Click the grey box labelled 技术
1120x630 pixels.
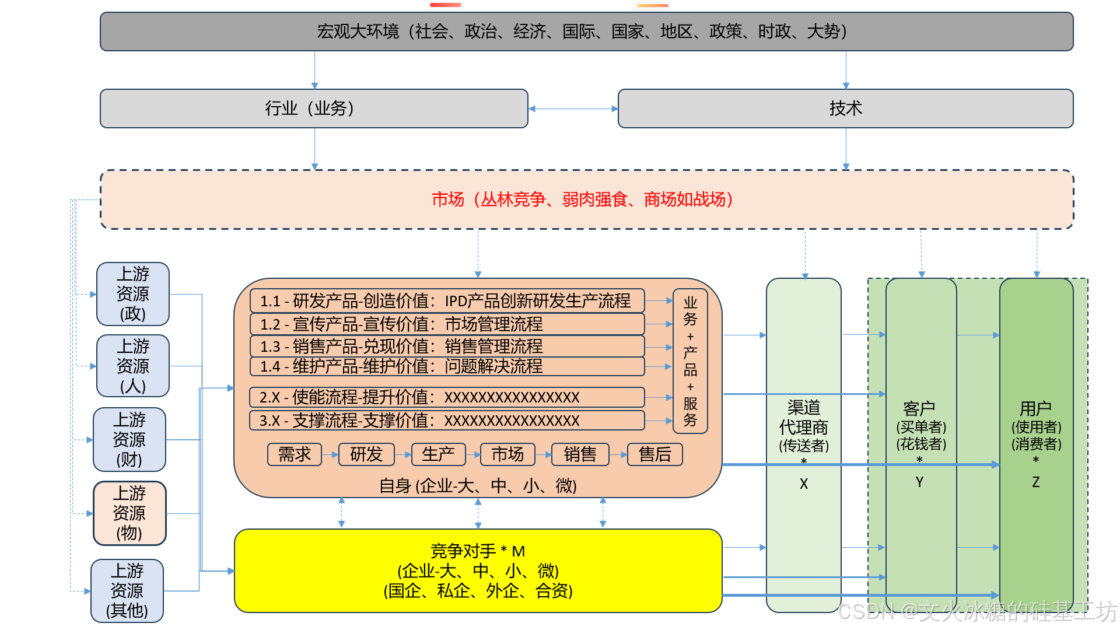845,108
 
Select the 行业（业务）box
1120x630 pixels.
314,108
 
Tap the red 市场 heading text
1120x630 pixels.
448,199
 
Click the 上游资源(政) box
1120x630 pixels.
133,294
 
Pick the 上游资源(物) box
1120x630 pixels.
129,513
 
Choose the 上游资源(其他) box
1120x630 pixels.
127,590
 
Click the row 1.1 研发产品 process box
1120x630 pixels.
447,301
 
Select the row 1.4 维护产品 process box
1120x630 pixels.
447,366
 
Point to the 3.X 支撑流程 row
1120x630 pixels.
447,421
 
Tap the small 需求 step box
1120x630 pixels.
295,454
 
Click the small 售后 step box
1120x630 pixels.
654,454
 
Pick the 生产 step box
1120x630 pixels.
438,454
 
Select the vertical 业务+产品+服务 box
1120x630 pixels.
690,361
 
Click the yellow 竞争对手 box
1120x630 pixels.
478,570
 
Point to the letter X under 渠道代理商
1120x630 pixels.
804,484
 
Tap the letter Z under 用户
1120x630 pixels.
1036,482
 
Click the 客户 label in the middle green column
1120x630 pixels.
919,408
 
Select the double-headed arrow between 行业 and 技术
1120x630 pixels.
573,108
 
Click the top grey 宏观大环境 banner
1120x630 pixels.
586,32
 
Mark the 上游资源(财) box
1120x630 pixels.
129,440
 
